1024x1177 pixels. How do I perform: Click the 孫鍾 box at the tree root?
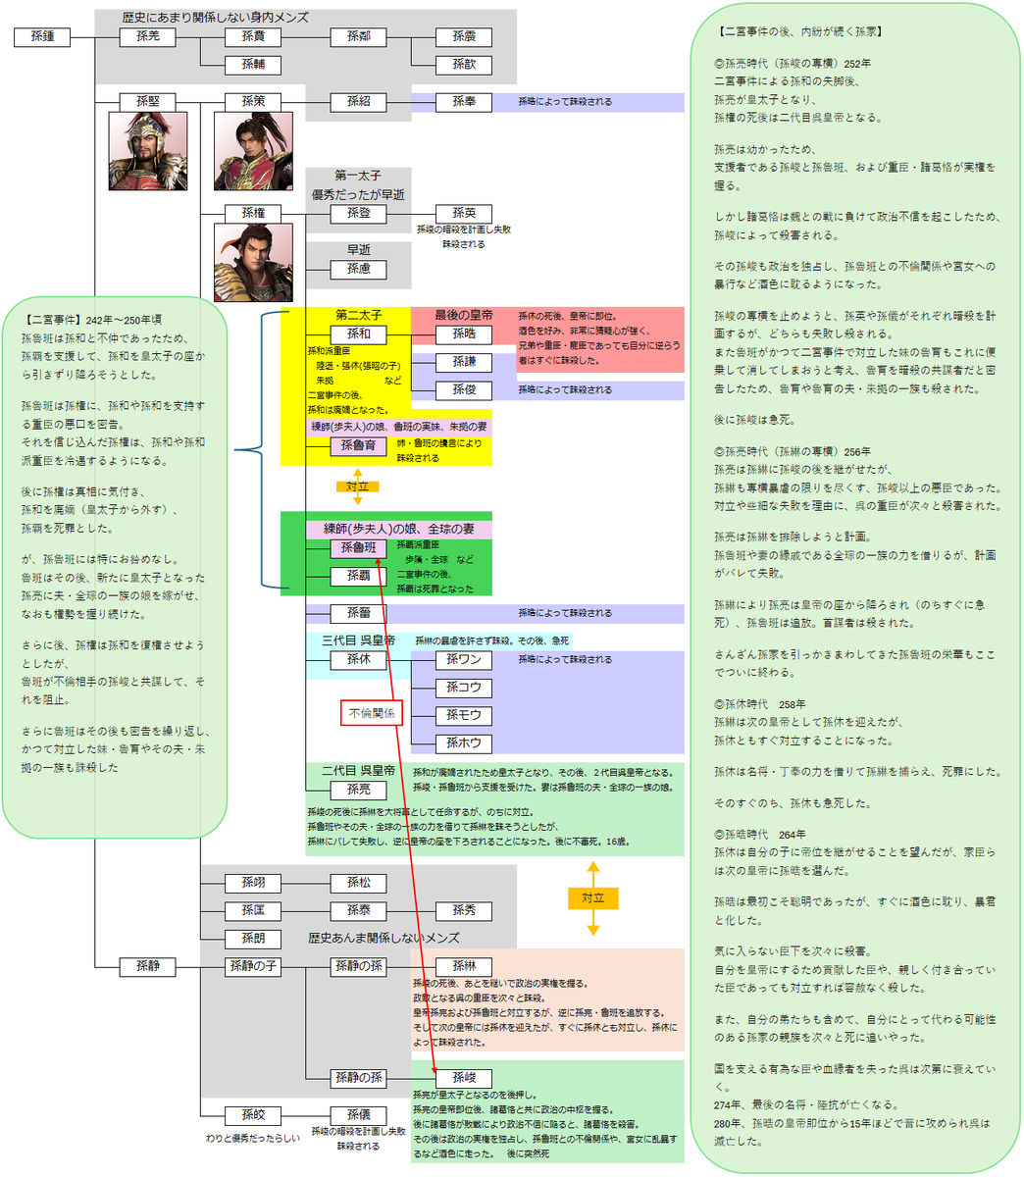42,37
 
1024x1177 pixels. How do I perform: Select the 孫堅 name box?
147,101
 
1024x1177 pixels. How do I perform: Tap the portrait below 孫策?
253,151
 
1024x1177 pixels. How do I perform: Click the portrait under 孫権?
253,263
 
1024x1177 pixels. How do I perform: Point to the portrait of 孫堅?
147,151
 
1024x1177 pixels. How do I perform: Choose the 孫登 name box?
359,213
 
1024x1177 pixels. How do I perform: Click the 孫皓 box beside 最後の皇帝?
464,334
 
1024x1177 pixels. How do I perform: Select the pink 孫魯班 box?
359,548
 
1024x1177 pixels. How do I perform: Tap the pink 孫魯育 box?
359,446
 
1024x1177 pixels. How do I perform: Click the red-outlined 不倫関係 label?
372,713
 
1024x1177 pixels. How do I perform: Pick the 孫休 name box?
359,660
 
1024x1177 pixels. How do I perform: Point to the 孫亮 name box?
359,790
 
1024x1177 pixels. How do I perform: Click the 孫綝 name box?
464,966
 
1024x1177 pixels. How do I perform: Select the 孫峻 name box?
464,1078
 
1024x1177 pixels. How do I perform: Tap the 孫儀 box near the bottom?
359,1115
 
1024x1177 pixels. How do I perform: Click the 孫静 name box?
147,966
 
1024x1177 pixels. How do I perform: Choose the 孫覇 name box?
359,576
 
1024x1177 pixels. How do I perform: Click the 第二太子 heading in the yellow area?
359,315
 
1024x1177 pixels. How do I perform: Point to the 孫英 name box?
464,213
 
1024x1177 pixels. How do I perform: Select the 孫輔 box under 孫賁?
253,65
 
